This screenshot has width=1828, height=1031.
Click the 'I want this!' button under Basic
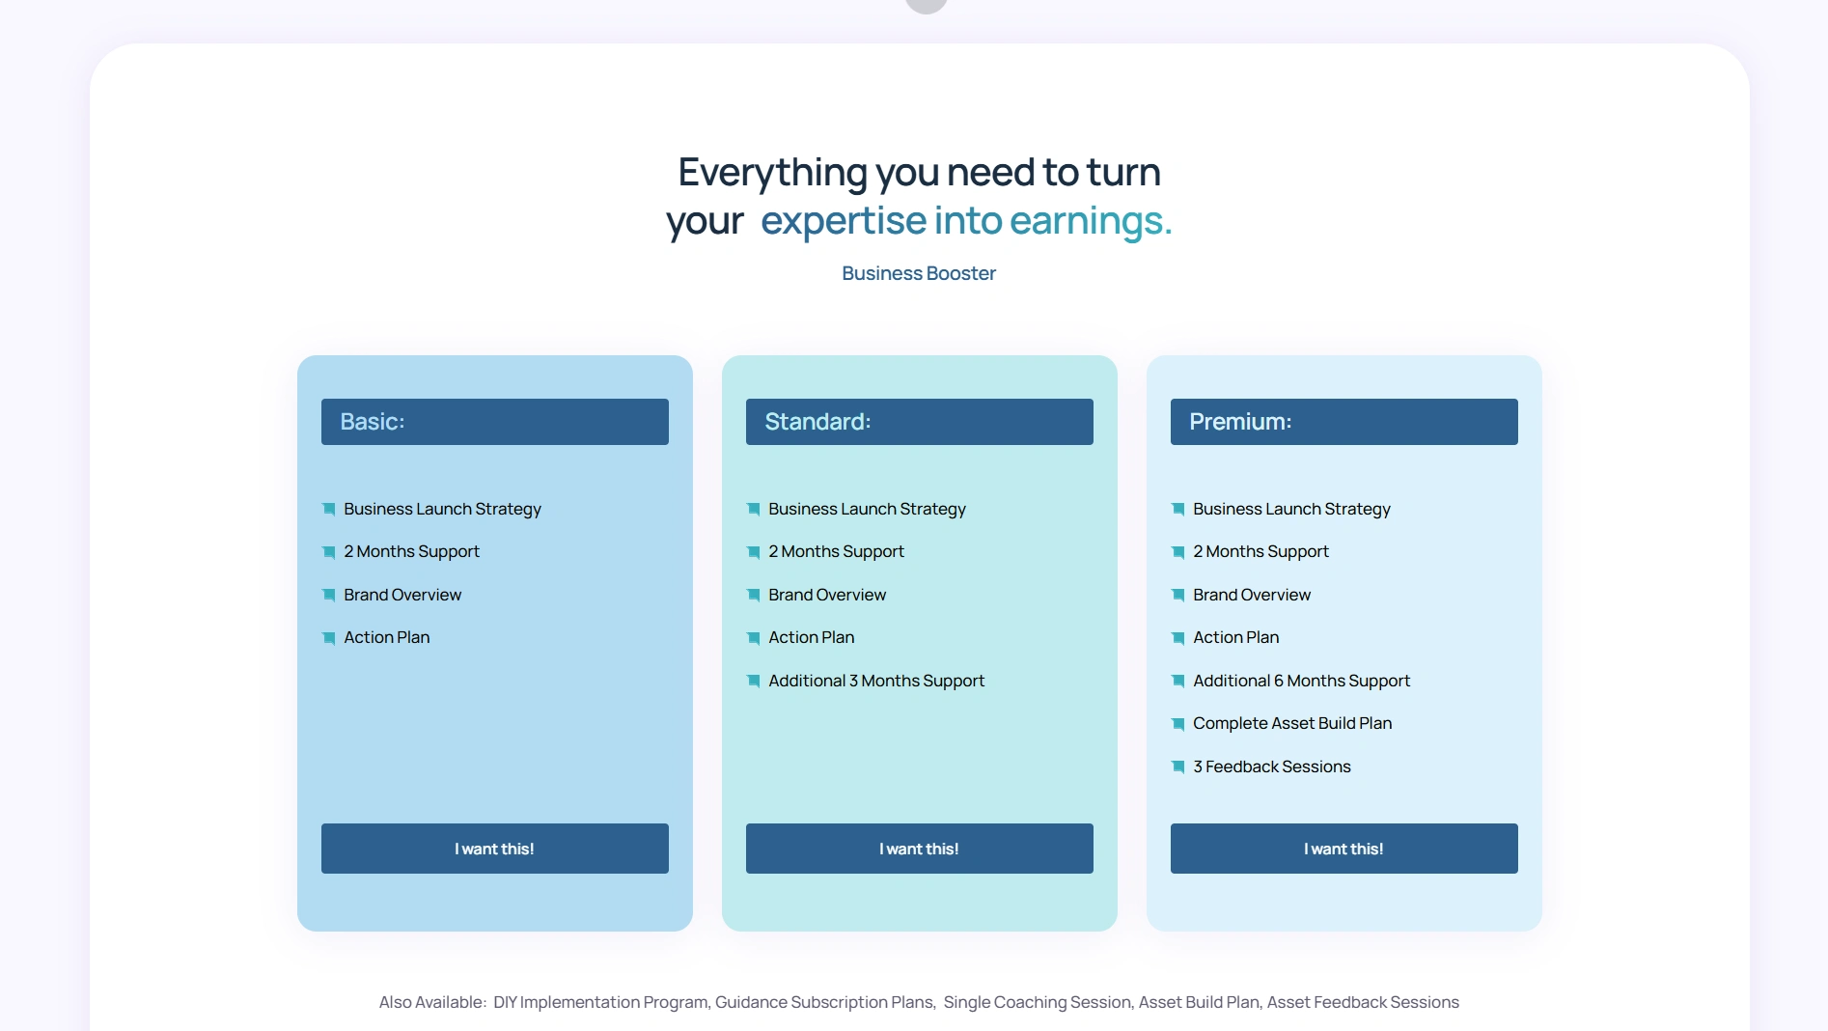(494, 849)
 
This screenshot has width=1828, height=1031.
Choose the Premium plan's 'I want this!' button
(1343, 849)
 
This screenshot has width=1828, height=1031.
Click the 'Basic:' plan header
(494, 422)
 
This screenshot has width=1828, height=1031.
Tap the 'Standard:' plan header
(919, 422)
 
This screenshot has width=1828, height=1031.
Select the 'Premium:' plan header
(1343, 422)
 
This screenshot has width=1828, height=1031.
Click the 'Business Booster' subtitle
(919, 273)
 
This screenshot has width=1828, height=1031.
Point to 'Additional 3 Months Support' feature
(876, 681)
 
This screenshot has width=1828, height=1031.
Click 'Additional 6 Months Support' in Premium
(1301, 681)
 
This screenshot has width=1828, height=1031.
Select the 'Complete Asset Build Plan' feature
(1292, 723)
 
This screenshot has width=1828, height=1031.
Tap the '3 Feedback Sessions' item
(1272, 766)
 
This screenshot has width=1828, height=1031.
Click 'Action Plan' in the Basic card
(387, 637)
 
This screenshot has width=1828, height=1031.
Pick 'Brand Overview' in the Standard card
(827, 595)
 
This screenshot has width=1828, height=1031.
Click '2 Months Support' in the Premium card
(1260, 551)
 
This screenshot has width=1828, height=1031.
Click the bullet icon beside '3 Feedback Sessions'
(1177, 766)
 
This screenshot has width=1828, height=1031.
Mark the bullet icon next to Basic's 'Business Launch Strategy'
(328, 509)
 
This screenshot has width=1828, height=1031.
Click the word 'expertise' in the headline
(844, 221)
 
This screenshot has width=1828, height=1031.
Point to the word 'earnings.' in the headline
(1091, 221)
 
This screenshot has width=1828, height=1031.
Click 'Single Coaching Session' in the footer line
(1037, 1002)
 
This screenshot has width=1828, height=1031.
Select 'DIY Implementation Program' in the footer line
(601, 1002)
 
